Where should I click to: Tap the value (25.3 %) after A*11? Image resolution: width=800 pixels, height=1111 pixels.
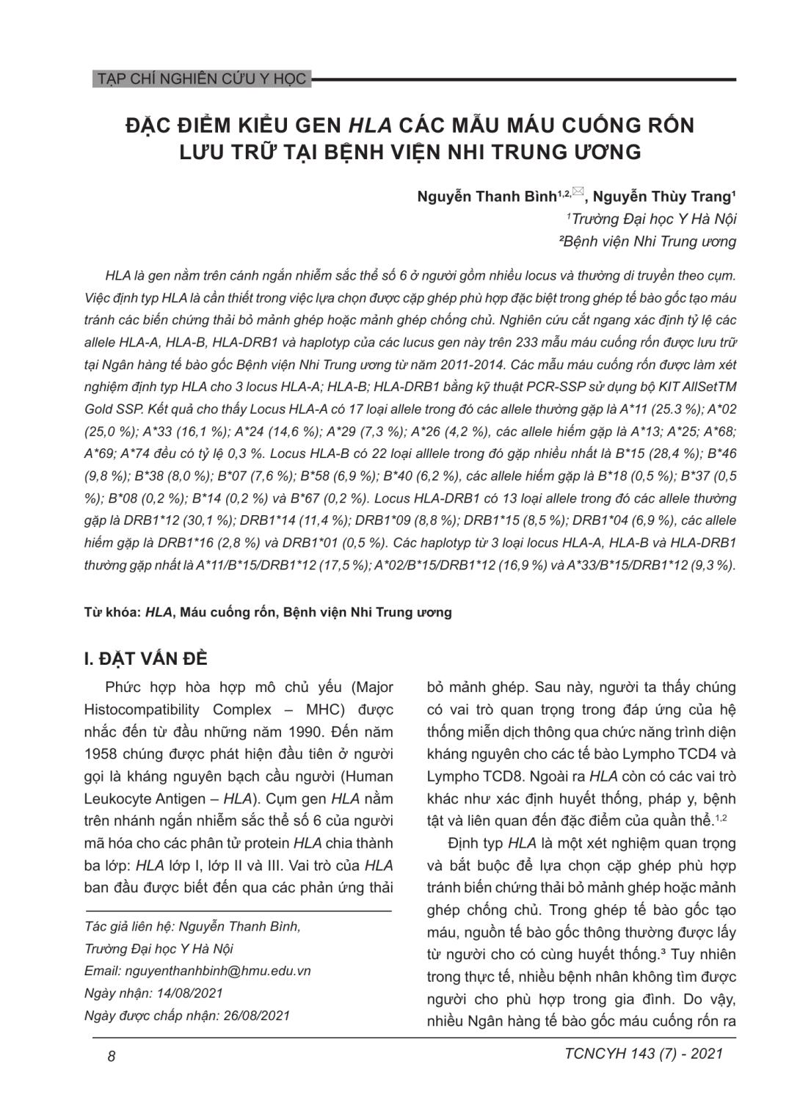coord(710,409)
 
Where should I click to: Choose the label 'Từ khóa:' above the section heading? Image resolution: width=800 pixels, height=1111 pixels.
coord(112,612)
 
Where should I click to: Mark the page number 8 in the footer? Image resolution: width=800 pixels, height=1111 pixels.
coord(112,1056)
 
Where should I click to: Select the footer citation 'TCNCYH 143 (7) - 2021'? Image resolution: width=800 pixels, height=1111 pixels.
coord(644,1054)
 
